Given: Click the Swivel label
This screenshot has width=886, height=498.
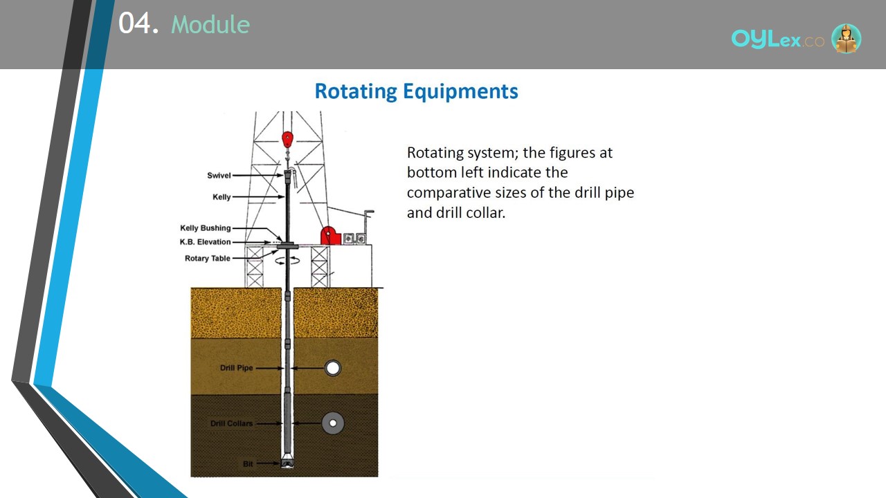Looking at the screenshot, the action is [x=219, y=176].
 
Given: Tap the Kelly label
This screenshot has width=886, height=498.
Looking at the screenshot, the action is [x=221, y=197].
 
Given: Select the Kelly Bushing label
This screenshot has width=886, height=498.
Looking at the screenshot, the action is [x=206, y=228].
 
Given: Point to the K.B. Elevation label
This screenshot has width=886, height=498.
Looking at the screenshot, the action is [x=206, y=242].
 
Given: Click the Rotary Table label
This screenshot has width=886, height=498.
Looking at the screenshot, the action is [x=207, y=259].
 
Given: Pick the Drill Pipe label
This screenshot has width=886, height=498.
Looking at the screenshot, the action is [x=236, y=368].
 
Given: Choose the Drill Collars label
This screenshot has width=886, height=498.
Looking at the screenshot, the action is [x=231, y=423].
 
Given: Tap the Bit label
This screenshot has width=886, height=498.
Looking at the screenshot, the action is [x=248, y=463].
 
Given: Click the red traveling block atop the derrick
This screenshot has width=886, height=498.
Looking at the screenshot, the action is [x=287, y=140].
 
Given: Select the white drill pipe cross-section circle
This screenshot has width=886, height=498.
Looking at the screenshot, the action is [x=333, y=368].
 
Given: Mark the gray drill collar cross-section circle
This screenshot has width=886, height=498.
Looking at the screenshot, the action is [x=333, y=423].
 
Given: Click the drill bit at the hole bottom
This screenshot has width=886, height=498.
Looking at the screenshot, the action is [x=287, y=463].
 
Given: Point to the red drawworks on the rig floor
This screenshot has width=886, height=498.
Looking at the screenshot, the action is [x=330, y=236].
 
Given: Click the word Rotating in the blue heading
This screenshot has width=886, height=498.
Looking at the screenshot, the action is [x=356, y=91].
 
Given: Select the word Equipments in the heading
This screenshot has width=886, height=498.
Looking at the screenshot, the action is [x=460, y=92].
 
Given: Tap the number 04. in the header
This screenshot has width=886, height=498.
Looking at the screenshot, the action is [x=138, y=23].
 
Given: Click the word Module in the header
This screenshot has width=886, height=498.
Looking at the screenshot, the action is [x=210, y=24].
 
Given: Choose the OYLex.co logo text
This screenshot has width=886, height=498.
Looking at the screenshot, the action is [x=777, y=39].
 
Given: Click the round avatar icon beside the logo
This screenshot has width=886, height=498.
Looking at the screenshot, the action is [x=846, y=38].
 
